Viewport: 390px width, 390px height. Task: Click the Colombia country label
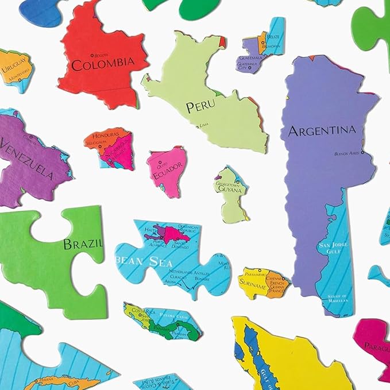point(103,62)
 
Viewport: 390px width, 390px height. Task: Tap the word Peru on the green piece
point(200,107)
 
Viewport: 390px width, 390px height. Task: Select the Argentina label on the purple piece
point(322,130)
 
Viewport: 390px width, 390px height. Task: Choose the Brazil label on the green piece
point(82,244)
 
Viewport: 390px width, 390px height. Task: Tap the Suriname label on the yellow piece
point(253,285)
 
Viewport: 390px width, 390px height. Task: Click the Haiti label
point(151,230)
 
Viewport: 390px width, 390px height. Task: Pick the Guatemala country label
point(250,58)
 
